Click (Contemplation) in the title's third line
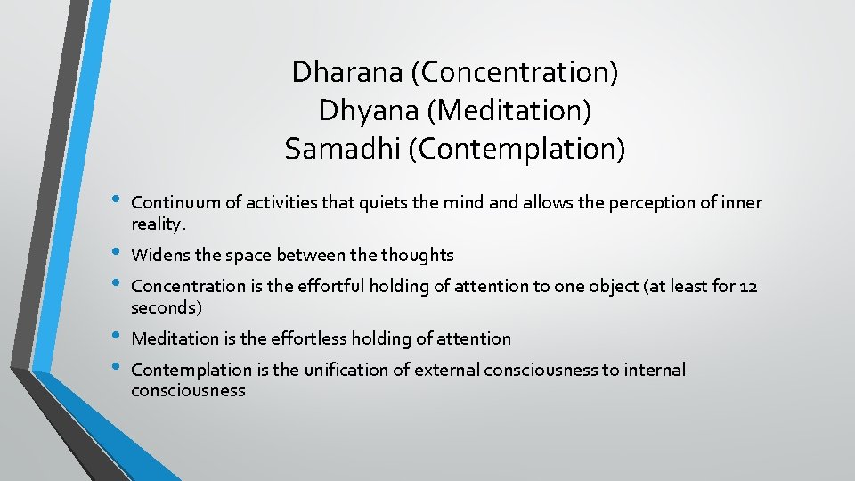517,149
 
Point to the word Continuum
172,203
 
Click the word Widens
159,256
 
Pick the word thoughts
417,256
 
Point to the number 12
748,286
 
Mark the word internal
654,370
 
